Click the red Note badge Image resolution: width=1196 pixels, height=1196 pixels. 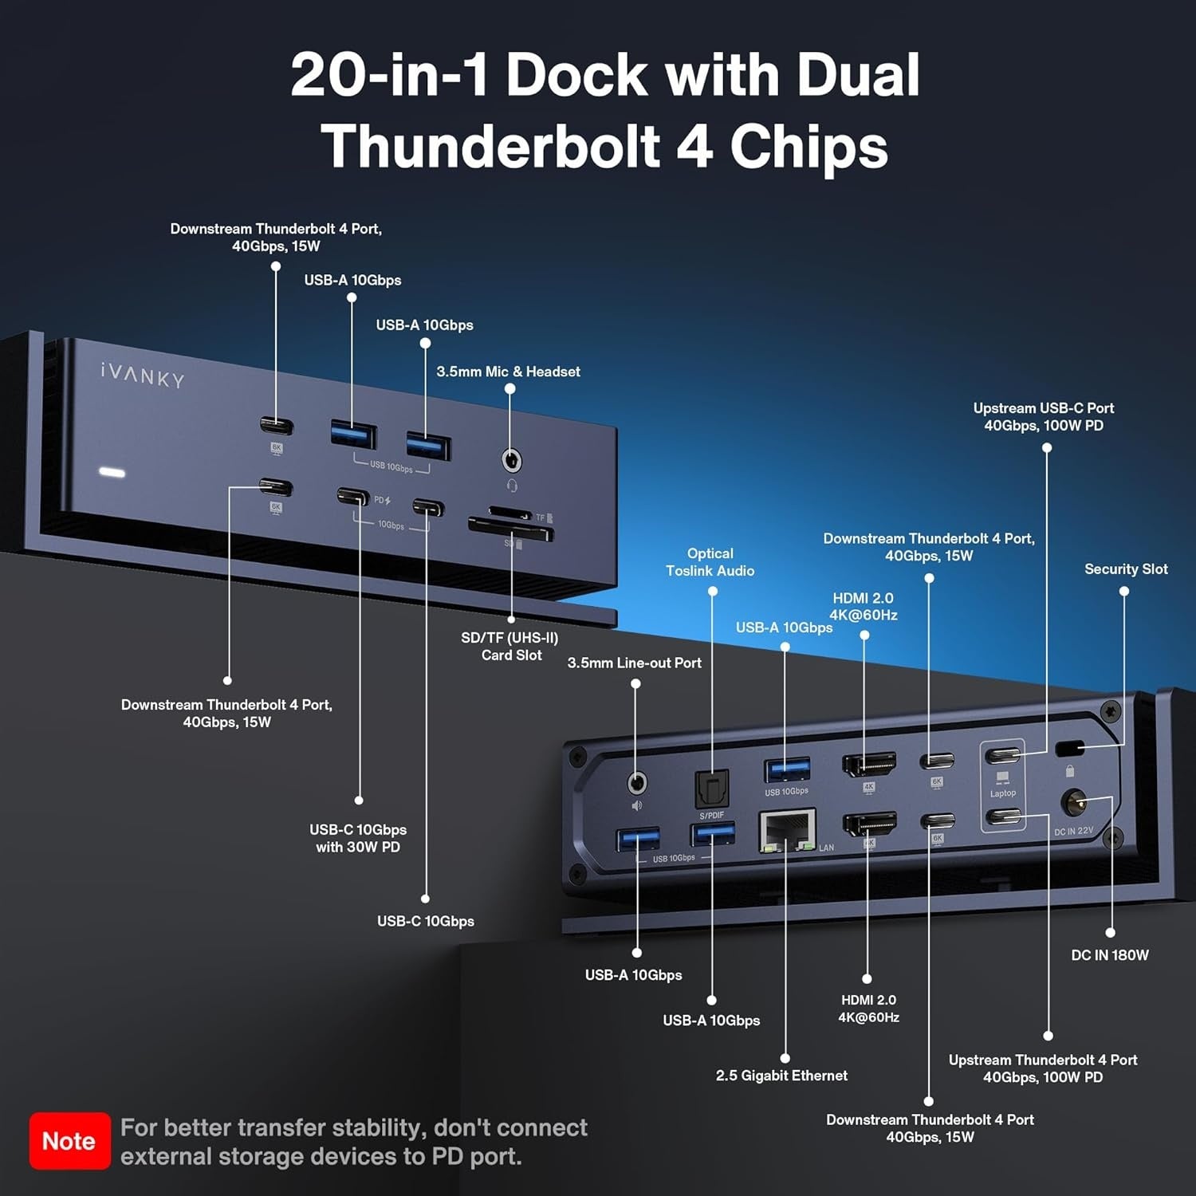[69, 1141]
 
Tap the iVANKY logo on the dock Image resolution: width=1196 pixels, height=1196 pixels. [143, 375]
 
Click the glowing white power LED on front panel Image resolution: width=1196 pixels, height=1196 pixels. [112, 473]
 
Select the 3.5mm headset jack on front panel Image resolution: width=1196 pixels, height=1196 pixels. [511, 461]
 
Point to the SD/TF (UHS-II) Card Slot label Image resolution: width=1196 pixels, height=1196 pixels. [510, 646]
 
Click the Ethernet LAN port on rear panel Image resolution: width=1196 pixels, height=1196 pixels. [787, 830]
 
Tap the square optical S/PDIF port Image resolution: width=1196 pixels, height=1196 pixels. [711, 789]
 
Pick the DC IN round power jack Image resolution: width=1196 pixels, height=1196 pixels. [1073, 803]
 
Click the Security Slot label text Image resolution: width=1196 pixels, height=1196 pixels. [1125, 569]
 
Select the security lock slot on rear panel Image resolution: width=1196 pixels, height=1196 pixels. [1068, 749]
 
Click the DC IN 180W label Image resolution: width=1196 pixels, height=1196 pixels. [1109, 955]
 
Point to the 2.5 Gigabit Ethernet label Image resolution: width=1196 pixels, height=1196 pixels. [781, 1076]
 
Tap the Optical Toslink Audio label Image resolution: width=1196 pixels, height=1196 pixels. [710, 562]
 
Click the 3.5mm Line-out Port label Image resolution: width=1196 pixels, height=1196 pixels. [634, 663]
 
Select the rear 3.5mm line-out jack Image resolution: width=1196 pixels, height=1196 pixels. [636, 783]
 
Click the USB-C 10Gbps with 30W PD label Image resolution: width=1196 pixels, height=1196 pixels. [358, 838]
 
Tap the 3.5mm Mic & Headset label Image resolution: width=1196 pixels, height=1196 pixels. [508, 372]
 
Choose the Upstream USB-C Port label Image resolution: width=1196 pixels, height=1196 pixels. [1043, 416]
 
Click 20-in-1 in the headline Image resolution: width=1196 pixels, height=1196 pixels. [388, 75]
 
